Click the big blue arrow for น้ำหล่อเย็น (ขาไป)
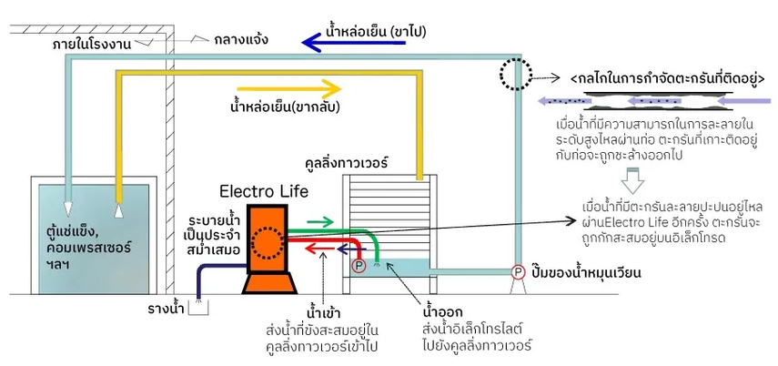[353, 43]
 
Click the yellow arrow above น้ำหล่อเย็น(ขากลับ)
[282, 89]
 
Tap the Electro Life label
[264, 191]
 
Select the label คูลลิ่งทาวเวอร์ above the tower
[347, 162]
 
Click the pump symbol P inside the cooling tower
[359, 266]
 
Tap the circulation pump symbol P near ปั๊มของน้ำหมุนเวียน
[518, 272]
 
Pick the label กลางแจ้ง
[241, 40]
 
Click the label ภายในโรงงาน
[91, 45]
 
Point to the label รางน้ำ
[167, 310]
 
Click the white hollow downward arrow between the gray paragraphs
[632, 181]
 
